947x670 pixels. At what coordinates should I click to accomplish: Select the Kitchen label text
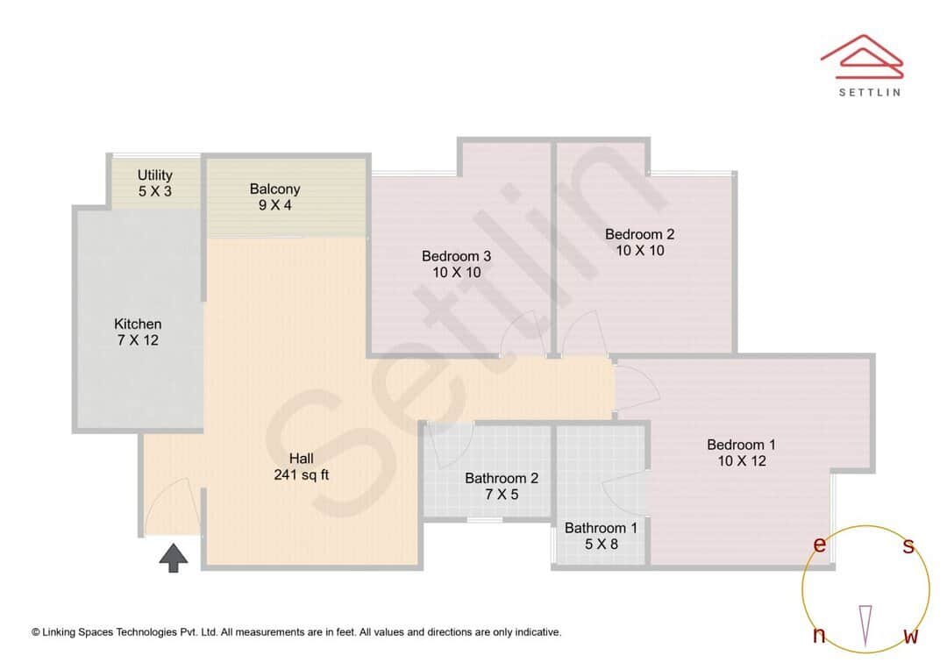138,324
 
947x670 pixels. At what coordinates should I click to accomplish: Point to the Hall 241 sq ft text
301,467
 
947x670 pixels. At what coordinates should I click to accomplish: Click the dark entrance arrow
174,558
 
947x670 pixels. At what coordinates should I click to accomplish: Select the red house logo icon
862,54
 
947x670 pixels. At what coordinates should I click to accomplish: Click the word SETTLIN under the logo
869,91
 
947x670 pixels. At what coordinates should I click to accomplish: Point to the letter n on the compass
820,636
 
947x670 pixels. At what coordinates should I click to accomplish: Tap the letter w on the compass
911,636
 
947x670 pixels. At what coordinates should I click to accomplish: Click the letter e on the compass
820,545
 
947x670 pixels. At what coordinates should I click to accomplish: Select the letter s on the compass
908,546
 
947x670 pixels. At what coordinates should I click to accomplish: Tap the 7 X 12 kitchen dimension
139,340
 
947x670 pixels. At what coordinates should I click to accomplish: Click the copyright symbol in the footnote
36,632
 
